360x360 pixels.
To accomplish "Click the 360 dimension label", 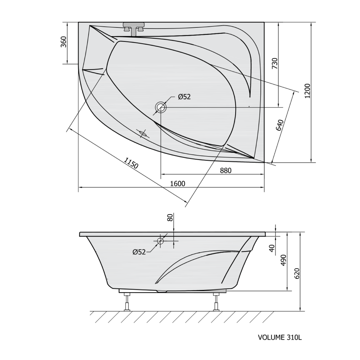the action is (64, 42).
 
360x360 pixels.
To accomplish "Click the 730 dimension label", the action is (275, 64).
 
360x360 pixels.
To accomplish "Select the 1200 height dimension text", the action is (307, 91).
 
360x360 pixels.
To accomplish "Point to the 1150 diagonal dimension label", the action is (131, 163).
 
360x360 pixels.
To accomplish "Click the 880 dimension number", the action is (226, 171).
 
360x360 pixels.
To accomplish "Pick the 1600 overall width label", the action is (178, 184).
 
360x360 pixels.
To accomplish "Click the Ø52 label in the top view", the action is (184, 97).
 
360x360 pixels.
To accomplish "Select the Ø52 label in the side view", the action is (139, 252).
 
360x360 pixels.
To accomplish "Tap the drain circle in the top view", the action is (161, 107).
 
